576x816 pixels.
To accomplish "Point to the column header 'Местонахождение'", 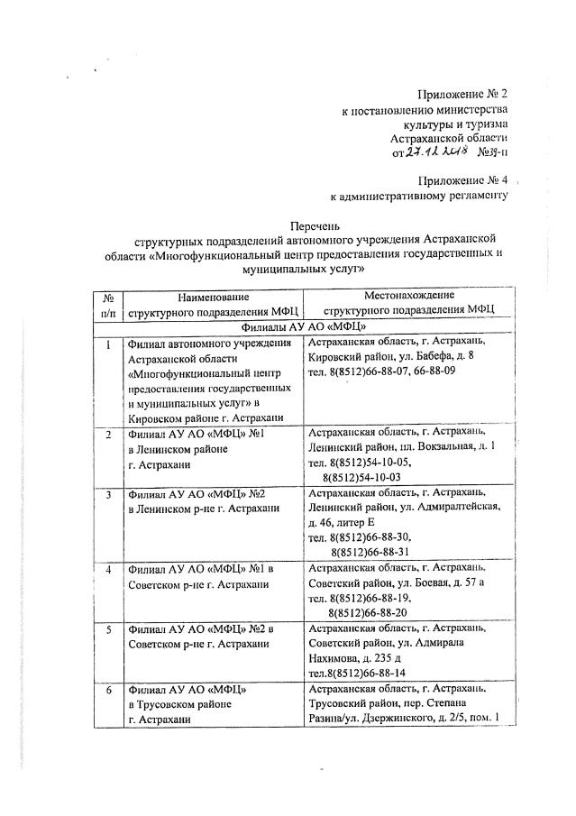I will point(409,295).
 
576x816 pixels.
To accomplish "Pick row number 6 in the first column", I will point(108,689).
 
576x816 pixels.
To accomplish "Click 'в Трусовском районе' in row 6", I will point(180,704).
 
